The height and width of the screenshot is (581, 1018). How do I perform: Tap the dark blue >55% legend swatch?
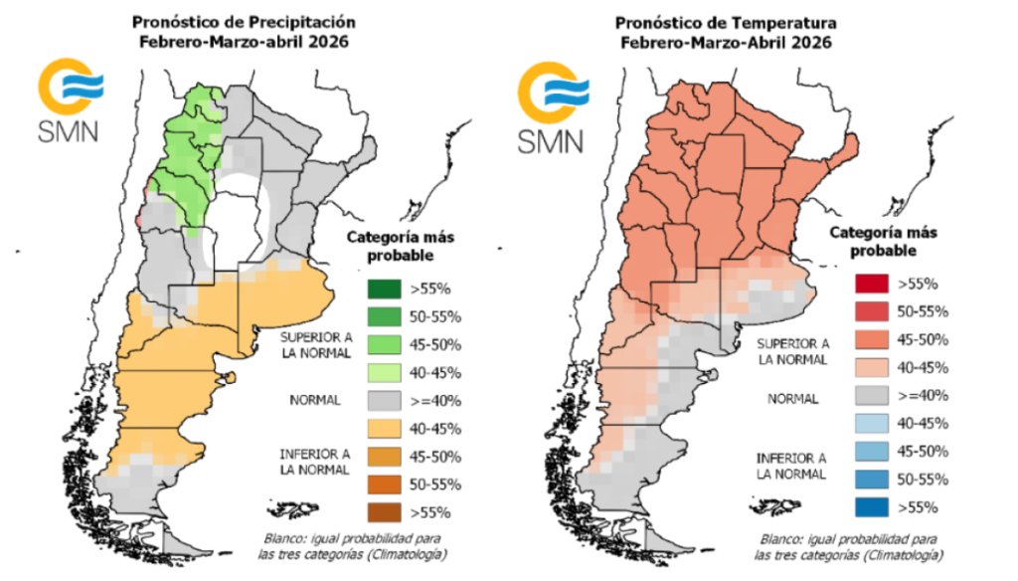tap(873, 507)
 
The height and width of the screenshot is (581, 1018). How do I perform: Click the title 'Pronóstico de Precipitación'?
tap(245, 21)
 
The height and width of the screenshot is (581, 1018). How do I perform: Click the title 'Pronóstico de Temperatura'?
tap(726, 21)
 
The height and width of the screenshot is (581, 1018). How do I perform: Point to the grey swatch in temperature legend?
tap(873, 396)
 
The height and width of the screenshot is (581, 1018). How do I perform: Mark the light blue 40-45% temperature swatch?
tap(873, 424)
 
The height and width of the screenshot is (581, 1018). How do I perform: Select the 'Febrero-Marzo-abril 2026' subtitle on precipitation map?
tap(245, 42)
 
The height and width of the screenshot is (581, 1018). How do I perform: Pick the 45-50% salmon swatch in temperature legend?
tap(873, 340)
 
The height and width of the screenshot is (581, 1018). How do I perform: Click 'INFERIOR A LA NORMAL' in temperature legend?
tap(791, 466)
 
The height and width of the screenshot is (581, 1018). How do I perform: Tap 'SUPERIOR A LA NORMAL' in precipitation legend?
tap(314, 344)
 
